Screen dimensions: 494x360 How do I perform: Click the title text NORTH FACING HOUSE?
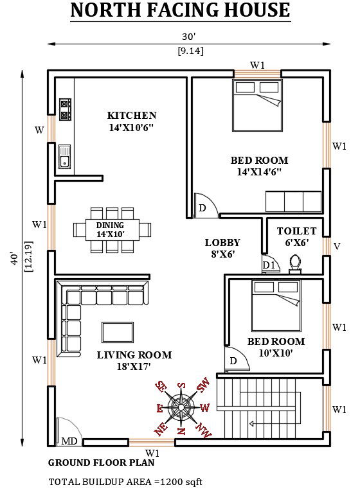tap(179, 11)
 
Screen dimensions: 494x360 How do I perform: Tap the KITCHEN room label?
tap(132, 116)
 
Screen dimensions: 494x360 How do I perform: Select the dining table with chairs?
tap(113, 229)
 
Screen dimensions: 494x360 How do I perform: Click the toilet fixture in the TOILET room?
tap(296, 264)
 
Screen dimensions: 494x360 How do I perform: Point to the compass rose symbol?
tap(182, 407)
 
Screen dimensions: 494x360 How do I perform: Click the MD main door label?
tap(69, 441)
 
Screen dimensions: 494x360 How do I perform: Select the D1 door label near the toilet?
tap(268, 265)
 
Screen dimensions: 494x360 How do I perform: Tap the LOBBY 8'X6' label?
tap(222, 248)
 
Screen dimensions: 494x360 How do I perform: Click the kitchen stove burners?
tap(65, 110)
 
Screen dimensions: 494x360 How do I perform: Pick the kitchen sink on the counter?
tap(64, 156)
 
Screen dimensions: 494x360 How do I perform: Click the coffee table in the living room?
tap(118, 332)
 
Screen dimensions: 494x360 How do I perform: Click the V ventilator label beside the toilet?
tap(337, 246)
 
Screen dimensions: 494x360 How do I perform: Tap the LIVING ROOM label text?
tap(134, 355)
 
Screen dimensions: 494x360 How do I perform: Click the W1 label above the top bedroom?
tap(258, 66)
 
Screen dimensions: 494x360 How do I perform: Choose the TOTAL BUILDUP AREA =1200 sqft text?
tap(126, 481)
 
